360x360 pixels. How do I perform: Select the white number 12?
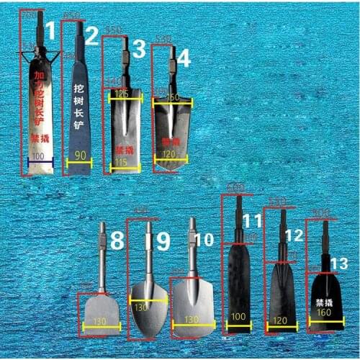[294, 235]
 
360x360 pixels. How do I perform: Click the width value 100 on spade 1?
[37, 156]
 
